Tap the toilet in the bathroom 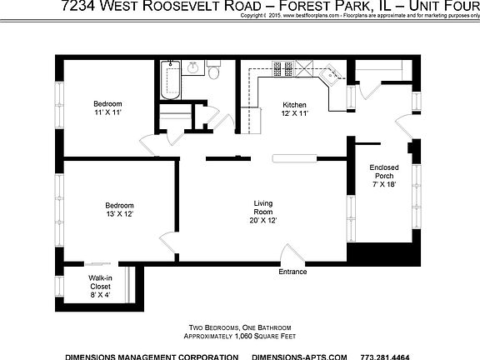tap(214, 73)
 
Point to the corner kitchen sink tap(332, 77)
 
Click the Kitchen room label tap(295, 104)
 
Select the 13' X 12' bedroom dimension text tap(119, 214)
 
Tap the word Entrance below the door tap(292, 272)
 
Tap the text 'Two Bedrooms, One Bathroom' tap(240, 327)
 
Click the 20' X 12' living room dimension tap(263, 221)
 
